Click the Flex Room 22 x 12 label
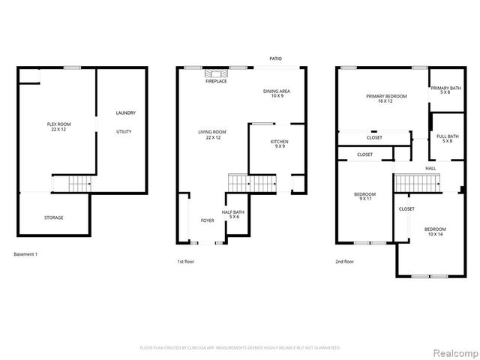[x=55, y=127]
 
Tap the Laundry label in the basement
[x=125, y=113]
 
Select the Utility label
[x=124, y=131]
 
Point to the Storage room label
[x=53, y=217]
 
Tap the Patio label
[x=277, y=57]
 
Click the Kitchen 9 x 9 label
[x=280, y=144]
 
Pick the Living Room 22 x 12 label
[x=212, y=134]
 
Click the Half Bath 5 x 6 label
[x=232, y=214]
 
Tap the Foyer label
[x=207, y=220]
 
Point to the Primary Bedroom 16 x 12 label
[x=385, y=98]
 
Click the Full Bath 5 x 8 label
[x=445, y=138]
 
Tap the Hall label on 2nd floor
[x=430, y=168]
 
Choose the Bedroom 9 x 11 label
[x=365, y=196]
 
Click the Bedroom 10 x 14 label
[x=434, y=232]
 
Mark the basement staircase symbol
[x=71, y=183]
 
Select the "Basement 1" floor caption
[x=25, y=254]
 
